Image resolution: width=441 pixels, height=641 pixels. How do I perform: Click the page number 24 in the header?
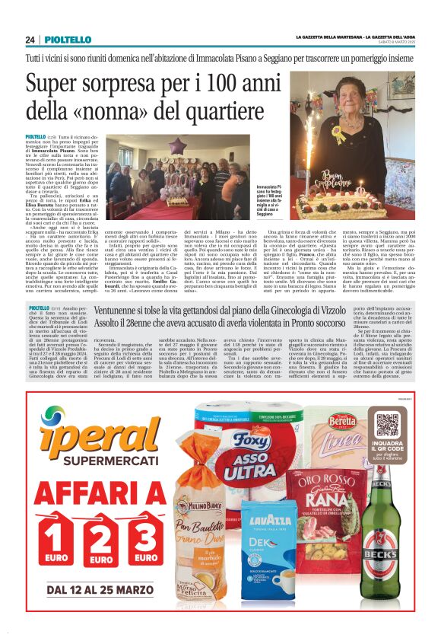pyautogui.click(x=30, y=40)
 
